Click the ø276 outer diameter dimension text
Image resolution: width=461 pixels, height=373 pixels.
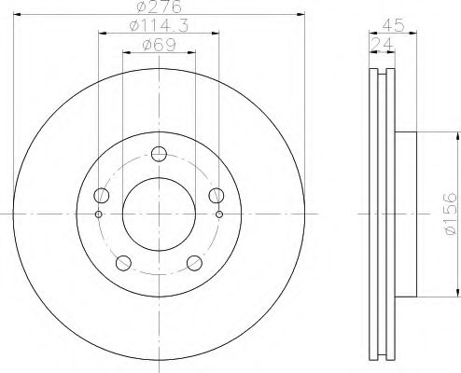pyautogui.click(x=157, y=8)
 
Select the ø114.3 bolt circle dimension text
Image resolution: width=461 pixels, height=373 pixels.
pyautogui.click(x=157, y=29)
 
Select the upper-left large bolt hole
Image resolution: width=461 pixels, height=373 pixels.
pyautogui.click(x=102, y=195)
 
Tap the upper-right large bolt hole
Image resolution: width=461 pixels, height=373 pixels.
pyautogui.click(x=216, y=195)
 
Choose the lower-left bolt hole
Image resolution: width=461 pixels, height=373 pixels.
pyautogui.click(x=123, y=262)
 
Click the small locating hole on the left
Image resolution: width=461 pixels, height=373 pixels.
pyautogui.click(x=98, y=214)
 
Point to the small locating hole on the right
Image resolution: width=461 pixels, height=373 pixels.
pyautogui.click(x=219, y=214)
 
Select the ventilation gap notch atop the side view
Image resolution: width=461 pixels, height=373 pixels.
pyautogui.click(x=381, y=75)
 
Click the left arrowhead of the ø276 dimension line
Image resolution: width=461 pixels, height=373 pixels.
pyautogui.click(x=21, y=16)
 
